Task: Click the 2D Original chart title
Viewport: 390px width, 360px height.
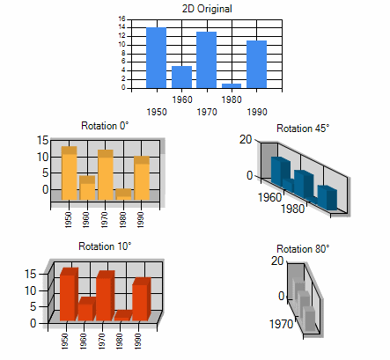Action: tap(207, 9)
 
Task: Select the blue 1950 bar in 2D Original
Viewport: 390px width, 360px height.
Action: tap(156, 57)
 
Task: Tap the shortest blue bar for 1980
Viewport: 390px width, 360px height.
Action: tap(232, 85)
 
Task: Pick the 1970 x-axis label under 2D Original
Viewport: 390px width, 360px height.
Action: tap(207, 112)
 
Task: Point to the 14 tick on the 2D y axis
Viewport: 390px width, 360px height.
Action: tap(121, 27)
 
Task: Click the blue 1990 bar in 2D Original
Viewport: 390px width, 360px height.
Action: tap(256, 64)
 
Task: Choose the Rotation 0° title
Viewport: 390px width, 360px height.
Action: tap(105, 126)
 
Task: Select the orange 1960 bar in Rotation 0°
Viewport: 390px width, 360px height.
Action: tap(87, 187)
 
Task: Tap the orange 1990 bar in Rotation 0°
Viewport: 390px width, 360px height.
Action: tap(142, 178)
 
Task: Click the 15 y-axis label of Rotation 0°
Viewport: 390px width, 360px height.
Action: tap(42, 140)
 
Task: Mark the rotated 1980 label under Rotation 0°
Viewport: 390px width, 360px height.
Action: tap(122, 220)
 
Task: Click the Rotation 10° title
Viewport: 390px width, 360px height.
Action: tap(105, 246)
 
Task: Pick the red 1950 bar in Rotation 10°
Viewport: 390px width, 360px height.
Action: tap(69, 294)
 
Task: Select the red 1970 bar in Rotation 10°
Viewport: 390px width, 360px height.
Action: tap(105, 296)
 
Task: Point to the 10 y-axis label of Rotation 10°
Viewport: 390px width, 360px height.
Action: tap(30, 290)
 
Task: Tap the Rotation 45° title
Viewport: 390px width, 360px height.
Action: tap(303, 129)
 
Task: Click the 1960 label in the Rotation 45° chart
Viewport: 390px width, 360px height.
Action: tap(269, 197)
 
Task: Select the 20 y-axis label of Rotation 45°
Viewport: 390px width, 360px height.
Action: tap(246, 139)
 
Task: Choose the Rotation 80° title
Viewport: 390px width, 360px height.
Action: tap(303, 249)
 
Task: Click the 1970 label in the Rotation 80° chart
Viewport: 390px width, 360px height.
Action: tap(281, 324)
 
